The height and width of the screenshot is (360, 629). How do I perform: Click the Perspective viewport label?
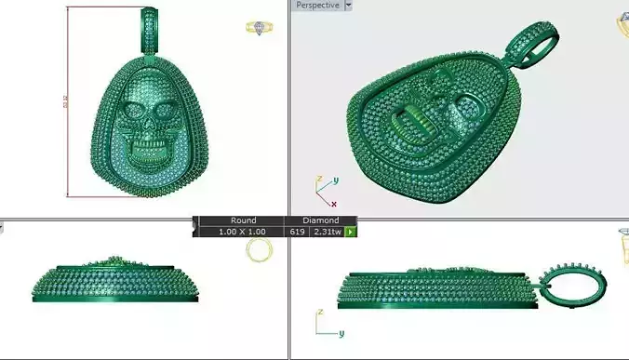click(x=317, y=5)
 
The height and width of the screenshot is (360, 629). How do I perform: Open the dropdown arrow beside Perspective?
click(x=348, y=5)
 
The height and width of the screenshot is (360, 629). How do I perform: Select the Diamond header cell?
click(x=321, y=220)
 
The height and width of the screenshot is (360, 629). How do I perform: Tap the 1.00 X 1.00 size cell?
click(x=242, y=231)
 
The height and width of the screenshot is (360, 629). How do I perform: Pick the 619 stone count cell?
click(x=298, y=231)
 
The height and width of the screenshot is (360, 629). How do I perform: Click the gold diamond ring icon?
click(x=259, y=29)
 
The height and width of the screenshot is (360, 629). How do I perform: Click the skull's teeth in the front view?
click(x=147, y=152)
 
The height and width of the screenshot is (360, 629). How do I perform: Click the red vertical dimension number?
click(x=65, y=101)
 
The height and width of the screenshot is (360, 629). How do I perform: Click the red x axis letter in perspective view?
click(x=333, y=203)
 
